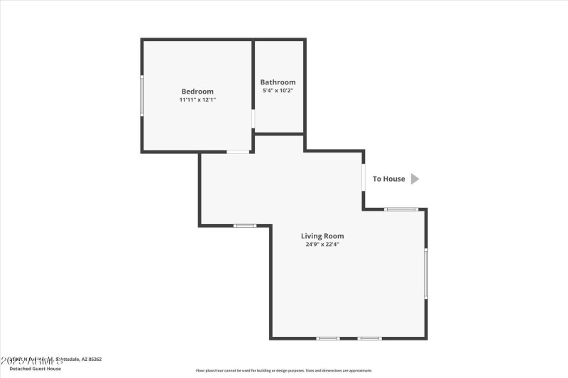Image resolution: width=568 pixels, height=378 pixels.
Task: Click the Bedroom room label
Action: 197,91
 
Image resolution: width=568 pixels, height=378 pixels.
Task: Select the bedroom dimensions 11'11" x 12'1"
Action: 197,100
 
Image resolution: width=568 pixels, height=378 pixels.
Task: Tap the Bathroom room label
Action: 278,82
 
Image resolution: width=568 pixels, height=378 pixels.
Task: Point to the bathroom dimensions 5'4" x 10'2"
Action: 278,91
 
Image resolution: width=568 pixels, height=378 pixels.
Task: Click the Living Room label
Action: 322,236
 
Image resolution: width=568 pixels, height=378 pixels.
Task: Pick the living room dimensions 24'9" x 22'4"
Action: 322,245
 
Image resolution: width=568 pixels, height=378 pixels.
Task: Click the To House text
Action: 389,179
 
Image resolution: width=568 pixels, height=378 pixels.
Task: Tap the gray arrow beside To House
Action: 415,179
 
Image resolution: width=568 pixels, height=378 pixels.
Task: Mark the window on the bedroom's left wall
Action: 142,96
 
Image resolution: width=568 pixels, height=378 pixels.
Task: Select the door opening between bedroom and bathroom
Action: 253,118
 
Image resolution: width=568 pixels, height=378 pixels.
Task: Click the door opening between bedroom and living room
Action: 238,152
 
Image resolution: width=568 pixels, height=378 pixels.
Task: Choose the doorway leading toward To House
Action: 364,177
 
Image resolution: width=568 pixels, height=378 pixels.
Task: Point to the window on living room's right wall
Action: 426,273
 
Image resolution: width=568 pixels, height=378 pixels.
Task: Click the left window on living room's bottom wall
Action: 328,338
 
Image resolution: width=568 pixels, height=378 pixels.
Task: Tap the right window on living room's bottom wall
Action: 369,338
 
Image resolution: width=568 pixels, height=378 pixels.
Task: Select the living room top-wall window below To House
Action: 401,209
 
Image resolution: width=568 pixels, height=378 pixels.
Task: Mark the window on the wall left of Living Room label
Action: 245,226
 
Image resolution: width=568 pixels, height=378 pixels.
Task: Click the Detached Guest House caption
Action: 35,369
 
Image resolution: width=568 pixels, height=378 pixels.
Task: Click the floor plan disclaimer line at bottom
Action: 284,370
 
